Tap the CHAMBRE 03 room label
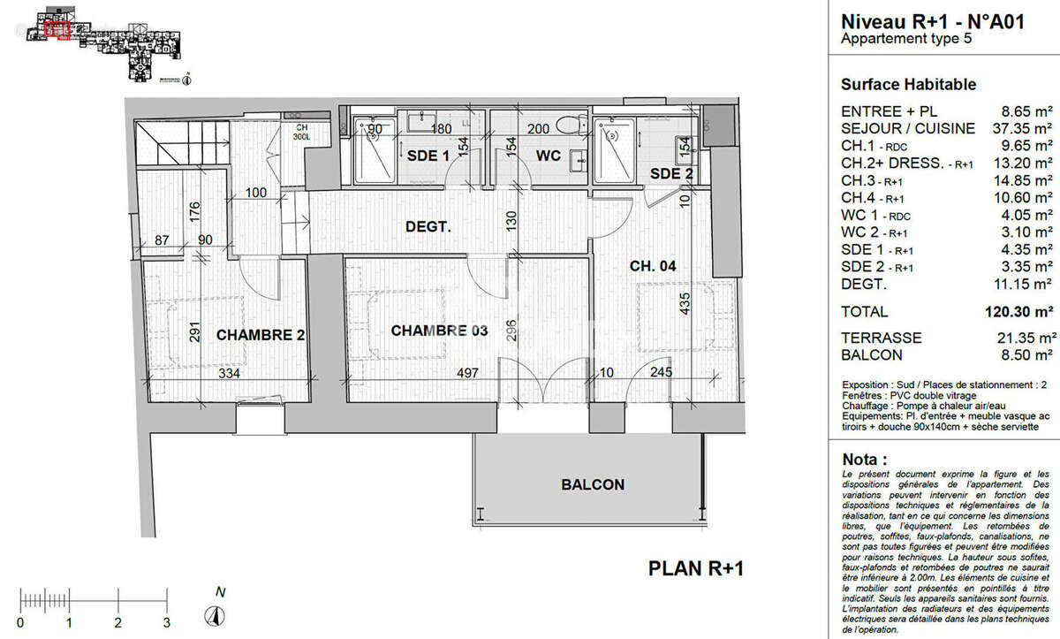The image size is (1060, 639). click(439, 331)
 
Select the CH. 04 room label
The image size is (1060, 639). click(652, 266)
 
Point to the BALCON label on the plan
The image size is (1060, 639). click(593, 484)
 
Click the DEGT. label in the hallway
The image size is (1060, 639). click(428, 227)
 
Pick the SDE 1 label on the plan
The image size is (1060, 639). click(428, 156)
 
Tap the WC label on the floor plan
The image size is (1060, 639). click(549, 156)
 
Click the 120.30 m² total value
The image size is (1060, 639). click(1019, 311)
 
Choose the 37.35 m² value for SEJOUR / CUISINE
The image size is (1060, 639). click(1025, 128)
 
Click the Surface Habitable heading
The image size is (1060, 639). click(908, 85)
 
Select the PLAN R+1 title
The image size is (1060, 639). click(696, 568)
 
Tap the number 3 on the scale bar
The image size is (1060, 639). click(166, 623)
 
